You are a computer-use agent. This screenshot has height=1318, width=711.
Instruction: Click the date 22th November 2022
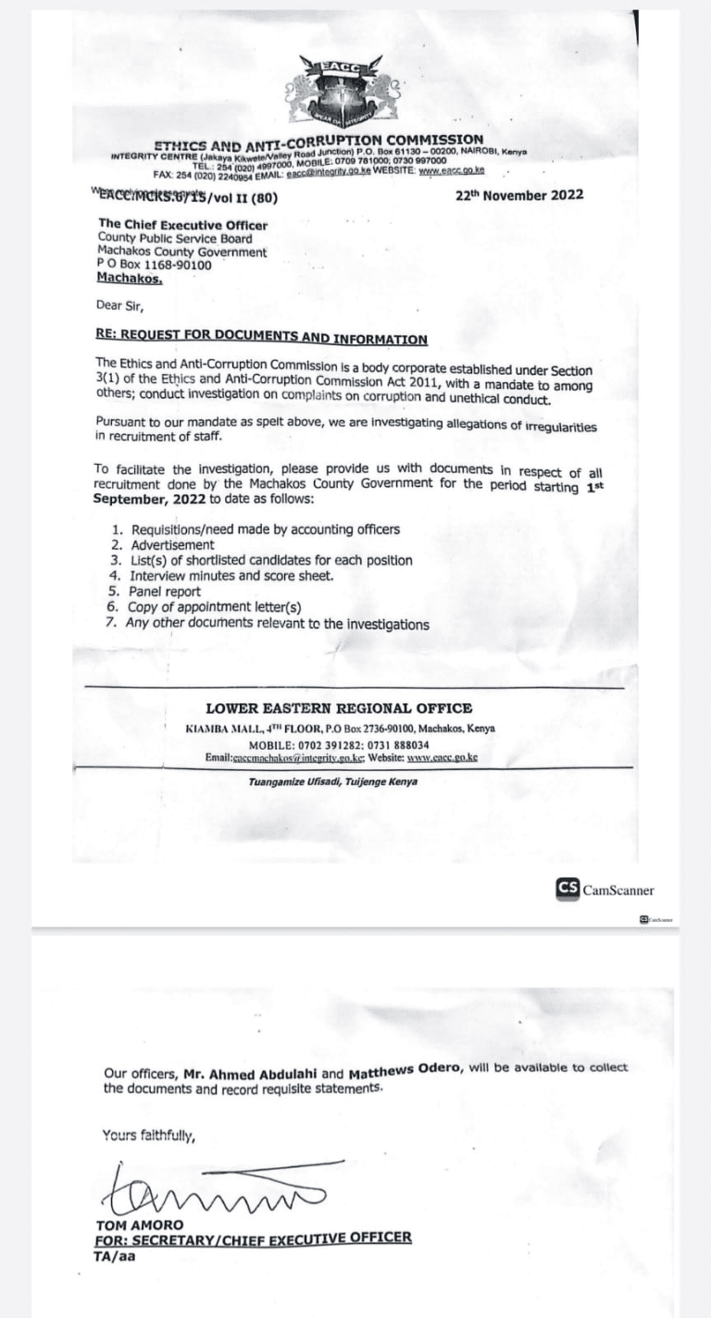519,195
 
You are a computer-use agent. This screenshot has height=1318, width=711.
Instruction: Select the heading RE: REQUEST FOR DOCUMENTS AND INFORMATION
262,339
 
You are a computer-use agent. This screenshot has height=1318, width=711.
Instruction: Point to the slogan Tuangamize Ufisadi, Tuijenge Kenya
333,782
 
